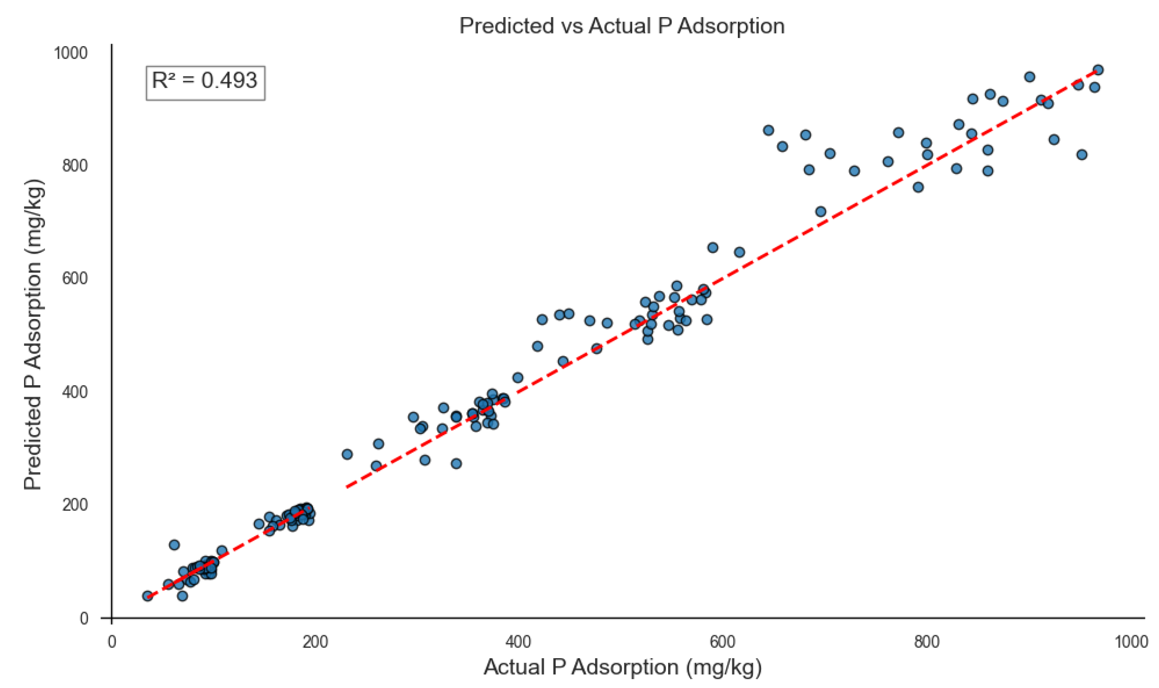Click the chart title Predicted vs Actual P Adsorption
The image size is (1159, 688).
click(622, 26)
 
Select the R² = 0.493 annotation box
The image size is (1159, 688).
click(205, 83)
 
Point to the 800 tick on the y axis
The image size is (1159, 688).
click(75, 165)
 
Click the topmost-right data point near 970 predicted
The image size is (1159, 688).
click(1098, 70)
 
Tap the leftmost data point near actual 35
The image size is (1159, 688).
click(147, 596)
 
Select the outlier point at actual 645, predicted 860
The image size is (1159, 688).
click(768, 130)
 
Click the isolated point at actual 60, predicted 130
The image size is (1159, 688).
click(174, 545)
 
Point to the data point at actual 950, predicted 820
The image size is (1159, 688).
click(1082, 154)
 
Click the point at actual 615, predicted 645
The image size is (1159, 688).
click(739, 252)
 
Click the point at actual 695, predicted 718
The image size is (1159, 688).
click(820, 211)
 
